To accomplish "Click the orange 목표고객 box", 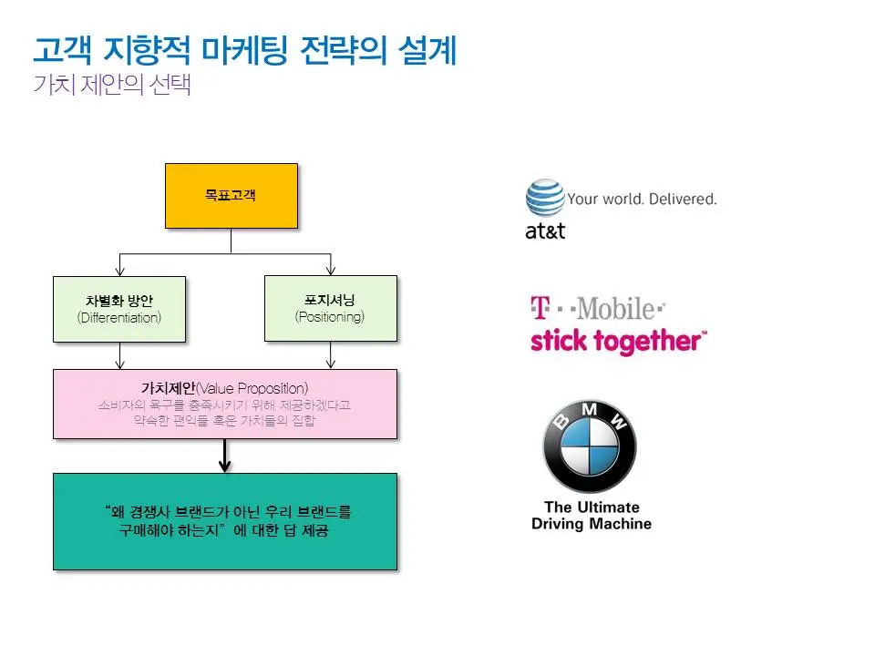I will (231, 195).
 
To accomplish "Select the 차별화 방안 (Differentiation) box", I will (119, 309).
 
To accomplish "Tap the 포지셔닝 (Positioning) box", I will (330, 308).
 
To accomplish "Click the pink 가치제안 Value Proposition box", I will (224, 404).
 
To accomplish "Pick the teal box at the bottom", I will (224, 521).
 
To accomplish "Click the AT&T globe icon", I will (545, 198).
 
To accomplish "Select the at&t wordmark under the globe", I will (545, 231).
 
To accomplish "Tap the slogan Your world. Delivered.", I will (642, 199).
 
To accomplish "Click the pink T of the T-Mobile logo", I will (540, 308).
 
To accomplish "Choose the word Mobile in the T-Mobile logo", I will (616, 308).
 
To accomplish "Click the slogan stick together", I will (618, 342).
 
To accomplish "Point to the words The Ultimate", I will (592, 507).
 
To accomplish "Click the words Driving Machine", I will (592, 524).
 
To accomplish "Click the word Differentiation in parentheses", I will (119, 318).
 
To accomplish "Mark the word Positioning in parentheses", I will (330, 317).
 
